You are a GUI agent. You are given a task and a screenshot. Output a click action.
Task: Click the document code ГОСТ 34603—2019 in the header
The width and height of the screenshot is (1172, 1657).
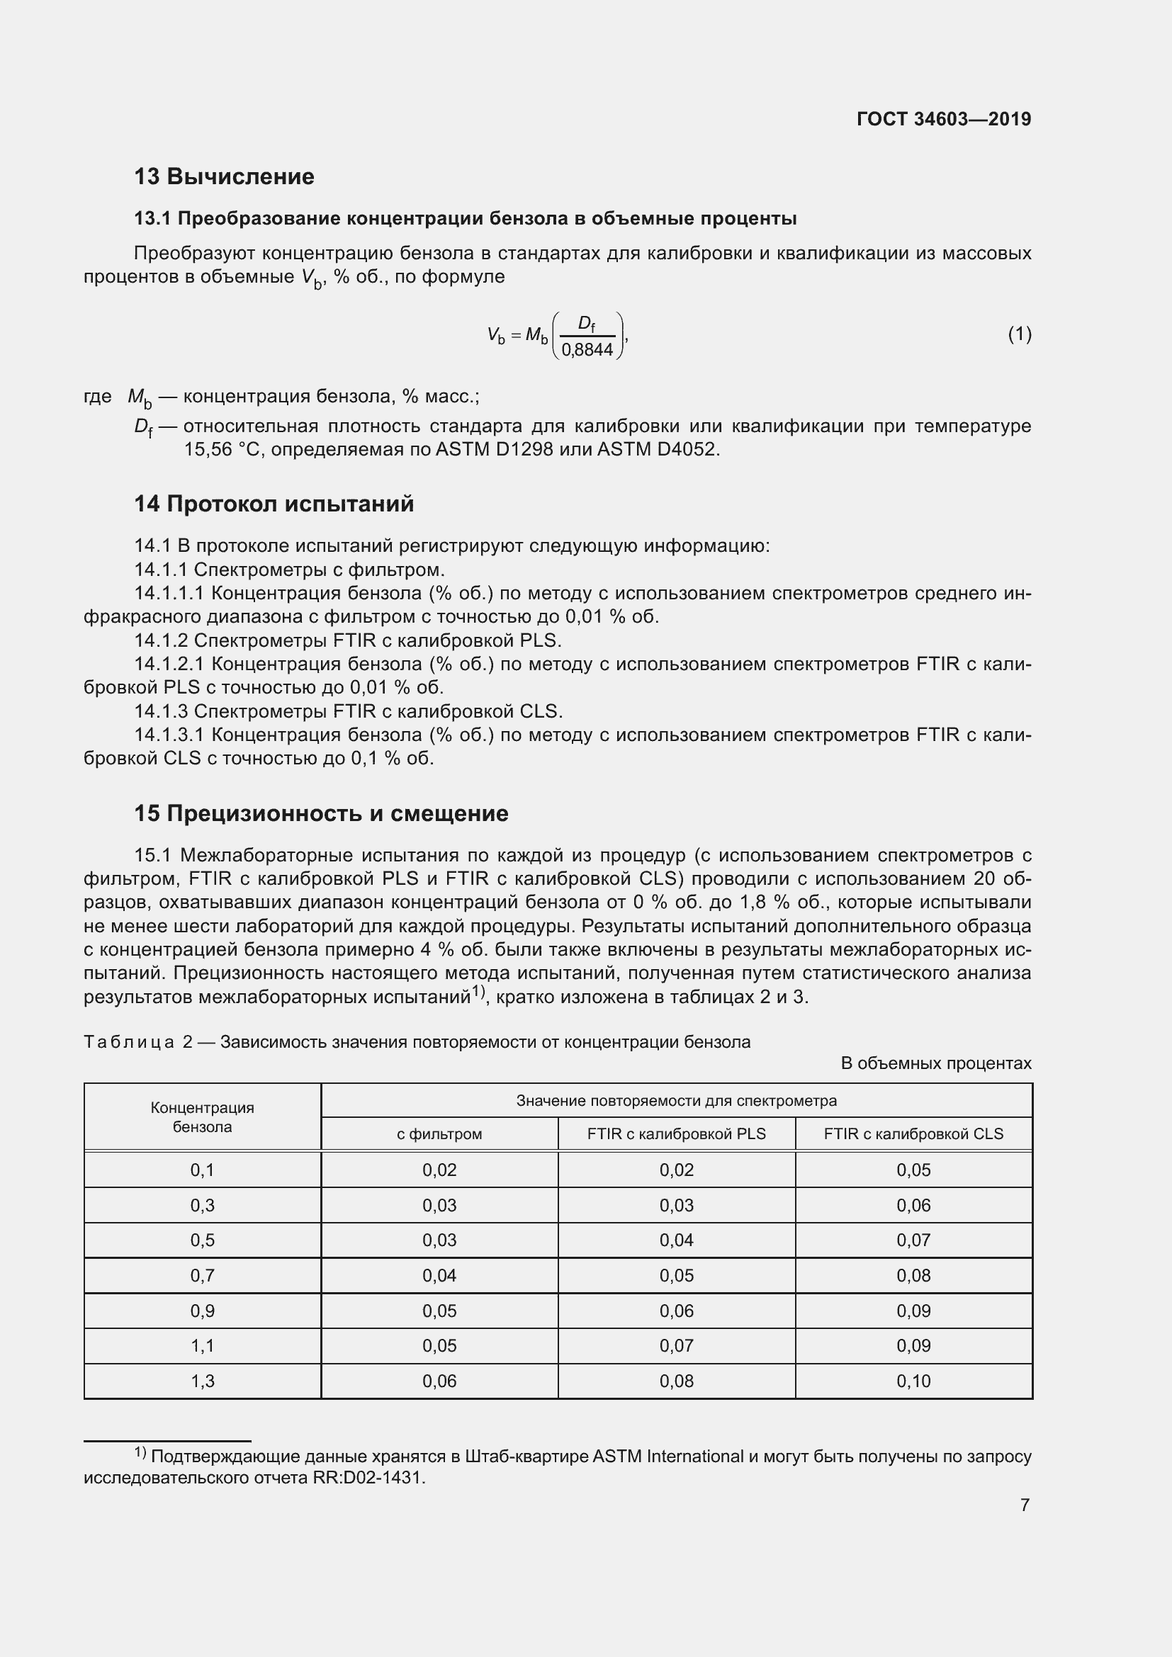tap(943, 119)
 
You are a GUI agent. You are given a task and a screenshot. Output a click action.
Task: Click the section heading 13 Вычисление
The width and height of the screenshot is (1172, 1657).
tap(224, 176)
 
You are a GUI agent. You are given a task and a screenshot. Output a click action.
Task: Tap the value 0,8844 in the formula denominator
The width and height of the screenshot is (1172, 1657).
tap(587, 350)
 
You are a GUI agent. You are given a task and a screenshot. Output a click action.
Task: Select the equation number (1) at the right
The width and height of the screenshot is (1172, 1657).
tap(1019, 334)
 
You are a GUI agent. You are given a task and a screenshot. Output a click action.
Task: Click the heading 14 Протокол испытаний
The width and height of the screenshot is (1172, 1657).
tap(274, 504)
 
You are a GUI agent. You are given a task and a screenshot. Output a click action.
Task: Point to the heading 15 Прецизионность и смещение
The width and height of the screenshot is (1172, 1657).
tap(320, 813)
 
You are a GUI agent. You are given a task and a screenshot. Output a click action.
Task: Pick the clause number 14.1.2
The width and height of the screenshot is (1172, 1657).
tap(161, 640)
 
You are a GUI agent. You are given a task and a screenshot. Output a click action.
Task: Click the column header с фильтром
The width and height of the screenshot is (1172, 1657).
tap(439, 1133)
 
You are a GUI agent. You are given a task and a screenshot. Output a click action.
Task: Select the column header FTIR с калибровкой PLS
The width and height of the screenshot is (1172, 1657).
tap(676, 1133)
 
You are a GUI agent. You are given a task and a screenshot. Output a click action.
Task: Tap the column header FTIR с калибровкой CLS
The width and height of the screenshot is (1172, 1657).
tap(913, 1133)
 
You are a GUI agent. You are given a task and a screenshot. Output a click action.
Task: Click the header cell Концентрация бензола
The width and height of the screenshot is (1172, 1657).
tap(202, 1117)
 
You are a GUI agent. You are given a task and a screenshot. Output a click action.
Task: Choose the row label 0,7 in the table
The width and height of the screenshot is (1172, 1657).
tap(202, 1275)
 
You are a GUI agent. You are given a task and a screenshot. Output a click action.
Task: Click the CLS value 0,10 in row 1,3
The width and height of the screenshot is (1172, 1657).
tap(913, 1381)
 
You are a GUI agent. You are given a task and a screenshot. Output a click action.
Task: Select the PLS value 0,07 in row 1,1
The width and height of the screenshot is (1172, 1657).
tap(676, 1345)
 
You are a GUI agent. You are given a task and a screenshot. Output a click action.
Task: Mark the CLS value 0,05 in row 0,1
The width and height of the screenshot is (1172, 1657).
tap(913, 1170)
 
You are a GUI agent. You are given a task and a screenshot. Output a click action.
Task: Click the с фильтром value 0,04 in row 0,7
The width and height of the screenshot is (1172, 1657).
tap(439, 1275)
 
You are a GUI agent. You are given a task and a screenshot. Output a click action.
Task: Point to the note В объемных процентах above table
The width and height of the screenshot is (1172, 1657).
tap(935, 1063)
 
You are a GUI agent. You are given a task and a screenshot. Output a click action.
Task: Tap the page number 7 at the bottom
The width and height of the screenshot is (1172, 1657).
tap(1024, 1505)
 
